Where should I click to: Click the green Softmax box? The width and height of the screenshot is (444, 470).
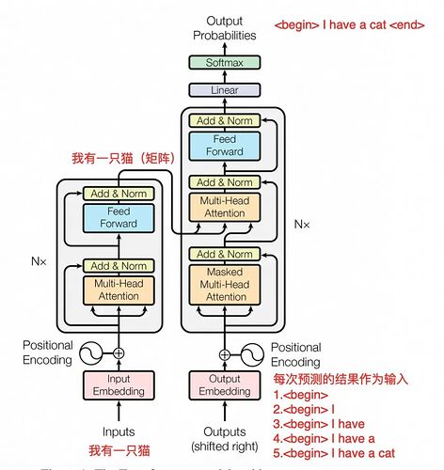click(224, 63)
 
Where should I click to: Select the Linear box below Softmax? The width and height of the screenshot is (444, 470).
click(224, 90)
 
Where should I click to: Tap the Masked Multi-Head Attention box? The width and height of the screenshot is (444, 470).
click(224, 283)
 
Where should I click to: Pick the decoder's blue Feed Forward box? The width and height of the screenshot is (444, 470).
click(224, 146)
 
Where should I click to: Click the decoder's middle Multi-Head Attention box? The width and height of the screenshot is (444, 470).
click(224, 208)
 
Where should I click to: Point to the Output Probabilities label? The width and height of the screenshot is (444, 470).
click(224, 28)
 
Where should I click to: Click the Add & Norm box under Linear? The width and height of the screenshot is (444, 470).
click(224, 119)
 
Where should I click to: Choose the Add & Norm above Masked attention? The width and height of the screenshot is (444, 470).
click(224, 254)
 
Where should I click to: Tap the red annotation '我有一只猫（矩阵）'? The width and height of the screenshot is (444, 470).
click(123, 159)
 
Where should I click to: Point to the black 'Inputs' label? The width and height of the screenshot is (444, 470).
click(119, 431)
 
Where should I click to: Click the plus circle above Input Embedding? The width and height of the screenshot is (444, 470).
click(119, 352)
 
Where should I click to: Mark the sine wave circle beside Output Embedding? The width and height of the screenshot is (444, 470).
click(253, 354)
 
